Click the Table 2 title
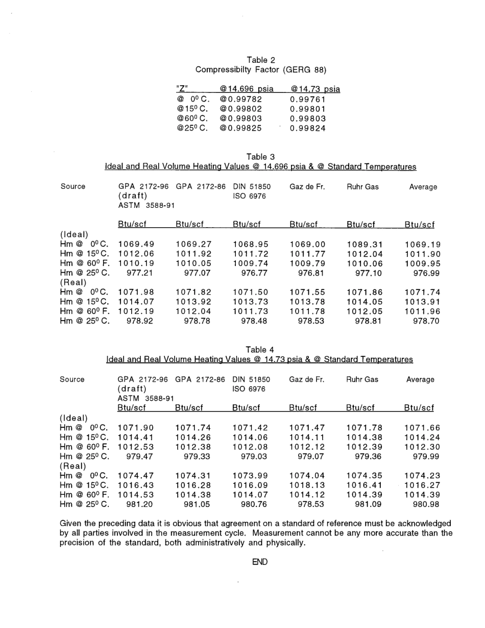pyautogui.click(x=260, y=60)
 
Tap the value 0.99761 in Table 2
pyautogui.click(x=307, y=100)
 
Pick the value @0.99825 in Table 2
pyautogui.click(x=240, y=128)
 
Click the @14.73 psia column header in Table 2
pyautogui.click(x=314, y=89)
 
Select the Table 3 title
pyautogui.click(x=260, y=157)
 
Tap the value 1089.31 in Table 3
pyautogui.click(x=365, y=244)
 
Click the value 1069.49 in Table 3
pyautogui.click(x=136, y=244)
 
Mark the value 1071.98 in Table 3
pyautogui.click(x=136, y=292)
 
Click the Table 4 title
pyautogui.click(x=260, y=350)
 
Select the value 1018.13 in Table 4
pyautogui.click(x=307, y=485)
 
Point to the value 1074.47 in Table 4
pyautogui.click(x=136, y=475)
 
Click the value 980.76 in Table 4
pyautogui.click(x=250, y=504)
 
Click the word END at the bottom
pyautogui.click(x=260, y=562)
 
